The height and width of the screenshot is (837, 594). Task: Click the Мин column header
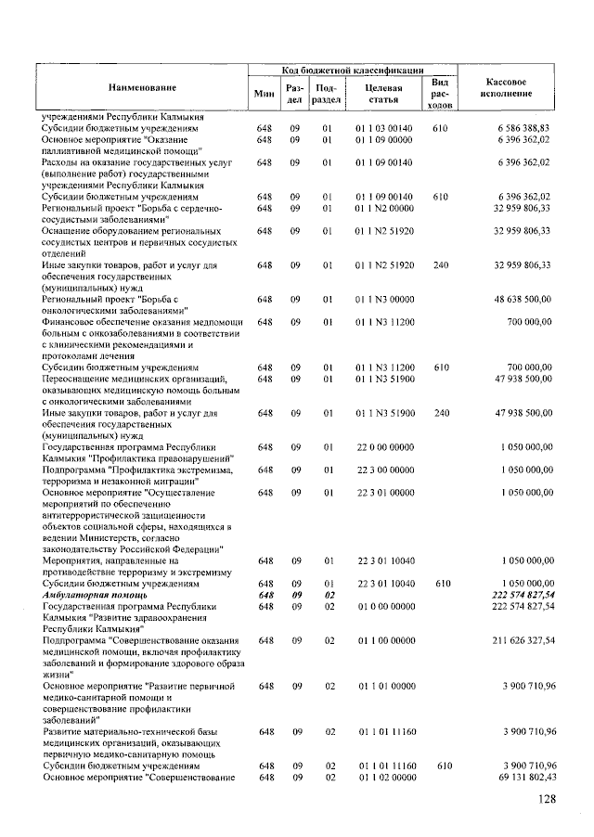point(263,93)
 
